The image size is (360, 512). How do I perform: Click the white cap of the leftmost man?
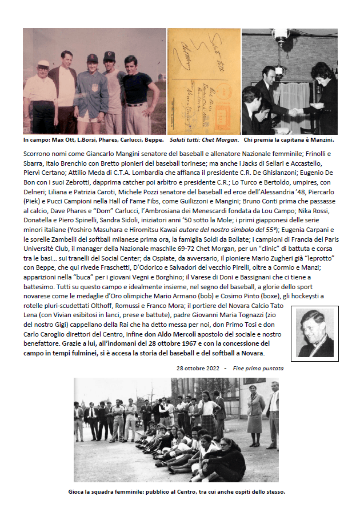click(x=43, y=64)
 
